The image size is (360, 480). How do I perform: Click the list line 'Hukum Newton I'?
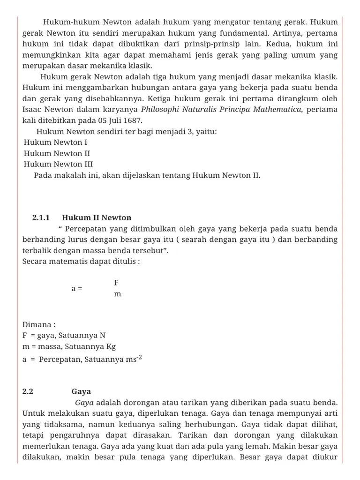[x=55, y=142]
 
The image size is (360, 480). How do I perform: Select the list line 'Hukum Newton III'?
[x=58, y=164]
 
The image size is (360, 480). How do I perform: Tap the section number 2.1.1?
[x=41, y=217]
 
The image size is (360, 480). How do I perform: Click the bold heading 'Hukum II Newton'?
[x=97, y=217]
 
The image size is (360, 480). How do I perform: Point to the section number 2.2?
[x=28, y=391]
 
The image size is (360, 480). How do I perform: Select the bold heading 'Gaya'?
[x=81, y=391]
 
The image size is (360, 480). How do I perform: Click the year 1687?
[x=133, y=120]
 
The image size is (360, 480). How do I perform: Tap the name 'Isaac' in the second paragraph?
[x=32, y=109]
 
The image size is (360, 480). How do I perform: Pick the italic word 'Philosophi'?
[x=161, y=109]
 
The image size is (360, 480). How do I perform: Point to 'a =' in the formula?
[x=76, y=289]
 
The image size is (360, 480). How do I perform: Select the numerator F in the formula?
[x=116, y=283]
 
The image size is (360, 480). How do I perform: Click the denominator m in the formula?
[x=117, y=294]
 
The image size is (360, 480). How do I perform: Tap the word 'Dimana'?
[x=37, y=324]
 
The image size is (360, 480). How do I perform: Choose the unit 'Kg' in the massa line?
[x=111, y=347]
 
